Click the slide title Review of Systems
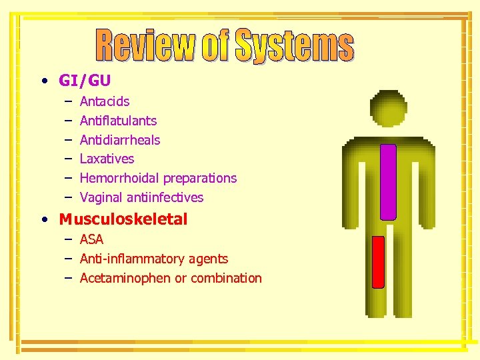[x=225, y=45]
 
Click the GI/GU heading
[x=85, y=81]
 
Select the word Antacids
[x=105, y=102]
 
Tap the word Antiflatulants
[x=118, y=121]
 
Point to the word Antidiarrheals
[x=120, y=140]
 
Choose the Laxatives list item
[x=107, y=159]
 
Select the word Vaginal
[x=101, y=197]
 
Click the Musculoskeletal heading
[x=123, y=219]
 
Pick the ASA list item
[x=91, y=240]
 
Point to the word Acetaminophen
[x=125, y=278]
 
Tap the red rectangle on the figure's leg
[x=378, y=261]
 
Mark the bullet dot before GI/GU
[x=43, y=81]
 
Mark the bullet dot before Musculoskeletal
[x=43, y=220]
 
